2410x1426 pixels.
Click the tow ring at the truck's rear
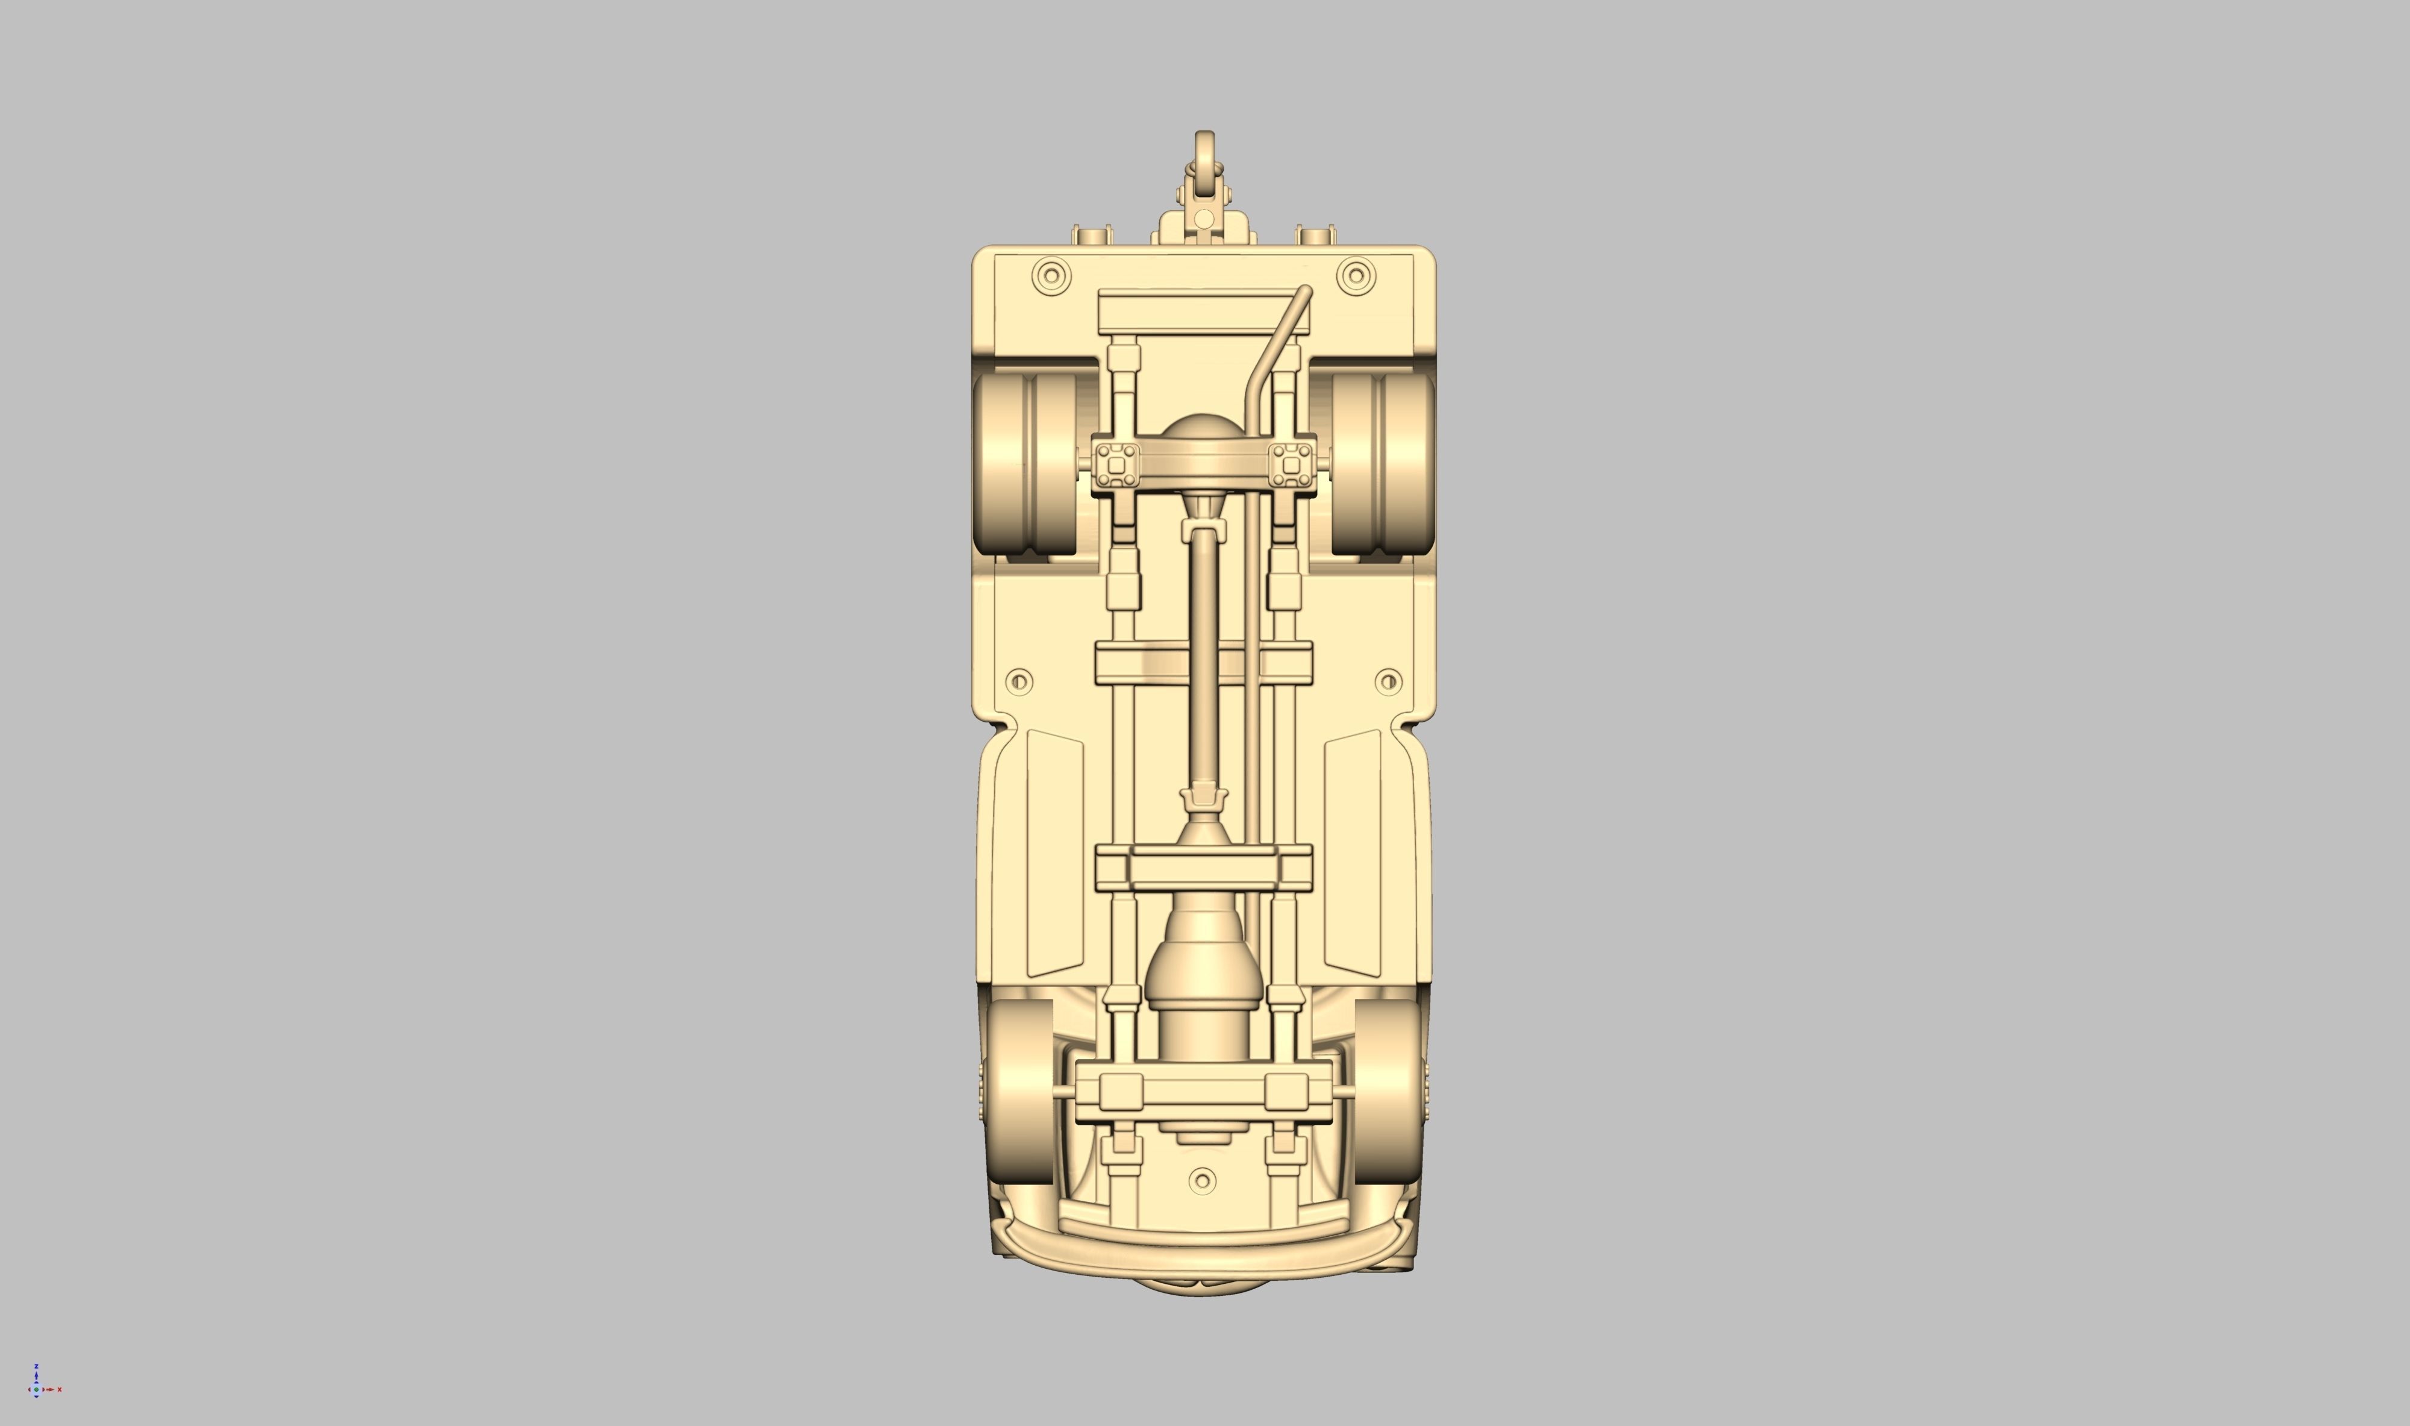pyautogui.click(x=1204, y=153)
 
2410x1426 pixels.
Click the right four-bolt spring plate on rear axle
pyautogui.click(x=1291, y=466)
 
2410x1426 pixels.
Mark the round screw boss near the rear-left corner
pyautogui.click(x=1051, y=276)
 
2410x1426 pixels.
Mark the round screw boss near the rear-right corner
pyautogui.click(x=1355, y=276)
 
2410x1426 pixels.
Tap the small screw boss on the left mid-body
pyautogui.click(x=1019, y=682)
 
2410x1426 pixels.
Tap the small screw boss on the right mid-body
pyautogui.click(x=1388, y=682)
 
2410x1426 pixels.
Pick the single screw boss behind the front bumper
pyautogui.click(x=1202, y=1180)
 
